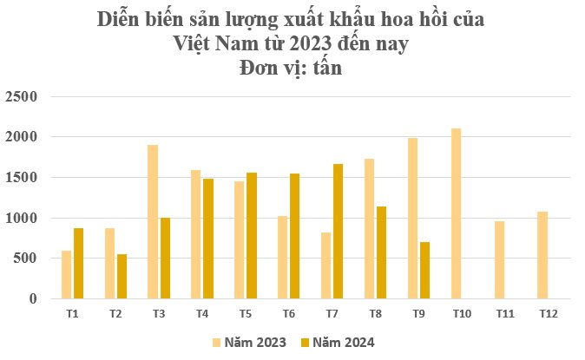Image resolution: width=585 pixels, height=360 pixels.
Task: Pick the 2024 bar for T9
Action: pyautogui.click(x=424, y=270)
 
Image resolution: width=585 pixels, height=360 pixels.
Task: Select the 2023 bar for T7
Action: pyautogui.click(x=325, y=265)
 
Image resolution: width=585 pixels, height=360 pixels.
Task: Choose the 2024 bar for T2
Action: pyautogui.click(x=122, y=276)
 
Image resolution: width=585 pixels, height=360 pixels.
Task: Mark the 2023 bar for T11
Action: pyautogui.click(x=500, y=259)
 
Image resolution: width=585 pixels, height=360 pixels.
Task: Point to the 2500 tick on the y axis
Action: pyautogui.click(x=22, y=96)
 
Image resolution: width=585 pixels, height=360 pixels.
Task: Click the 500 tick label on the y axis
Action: pyautogui.click(x=25, y=259)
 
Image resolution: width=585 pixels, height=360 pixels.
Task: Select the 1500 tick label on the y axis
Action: pyautogui.click(x=22, y=178)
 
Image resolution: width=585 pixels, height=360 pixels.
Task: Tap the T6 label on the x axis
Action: pyautogui.click(x=289, y=313)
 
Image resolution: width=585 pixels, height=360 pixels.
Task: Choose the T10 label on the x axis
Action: pyautogui.click(x=463, y=313)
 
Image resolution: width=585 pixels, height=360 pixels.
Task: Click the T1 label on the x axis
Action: pyautogui.click(x=72, y=313)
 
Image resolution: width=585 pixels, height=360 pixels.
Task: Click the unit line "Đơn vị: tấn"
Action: pyautogui.click(x=292, y=69)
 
